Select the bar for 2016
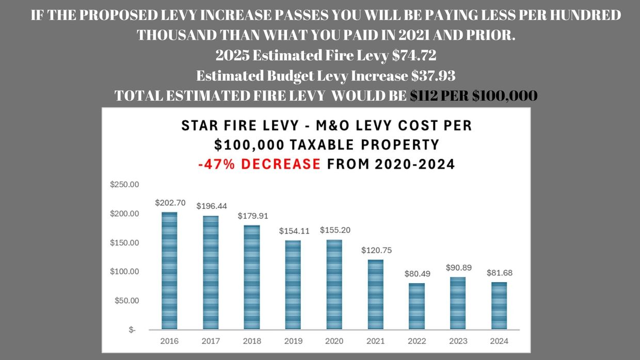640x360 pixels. click(169, 270)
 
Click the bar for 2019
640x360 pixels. click(293, 284)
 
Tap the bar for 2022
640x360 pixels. click(417, 306)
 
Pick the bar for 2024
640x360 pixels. click(499, 305)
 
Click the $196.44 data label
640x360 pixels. click(212, 206)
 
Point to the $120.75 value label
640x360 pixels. click(376, 250)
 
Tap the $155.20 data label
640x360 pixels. click(335, 230)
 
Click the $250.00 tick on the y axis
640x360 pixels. click(124, 185)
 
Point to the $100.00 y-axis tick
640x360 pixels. click(124, 271)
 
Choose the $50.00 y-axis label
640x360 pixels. click(126, 300)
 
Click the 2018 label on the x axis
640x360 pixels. click(252, 341)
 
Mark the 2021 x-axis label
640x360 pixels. click(376, 341)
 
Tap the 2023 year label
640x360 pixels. click(458, 341)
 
